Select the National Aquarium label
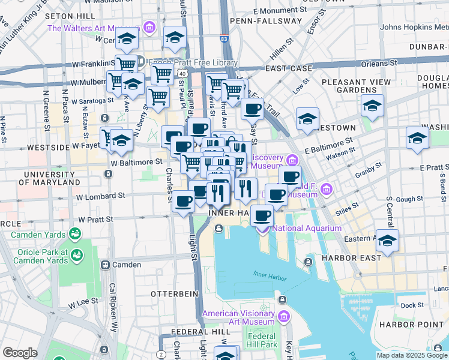(307, 228)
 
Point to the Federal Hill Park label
(262, 340)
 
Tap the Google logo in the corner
(20, 353)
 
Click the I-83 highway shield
(223, 39)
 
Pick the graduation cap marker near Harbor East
(387, 241)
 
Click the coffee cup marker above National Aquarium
(261, 215)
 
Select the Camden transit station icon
(105, 265)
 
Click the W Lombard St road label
(100, 196)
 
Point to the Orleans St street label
(378, 63)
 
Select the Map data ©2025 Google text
(411, 355)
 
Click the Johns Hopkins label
(414, 27)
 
